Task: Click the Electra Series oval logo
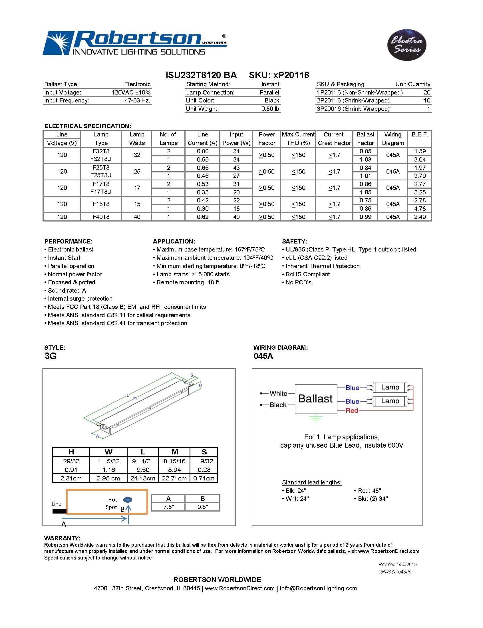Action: (x=406, y=45)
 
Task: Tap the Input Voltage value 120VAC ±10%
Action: (x=131, y=92)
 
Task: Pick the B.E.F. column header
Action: (x=419, y=134)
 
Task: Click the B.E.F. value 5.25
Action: (x=419, y=192)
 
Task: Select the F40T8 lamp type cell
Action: (x=101, y=217)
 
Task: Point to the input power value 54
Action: (x=236, y=151)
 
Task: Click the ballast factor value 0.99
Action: (x=365, y=217)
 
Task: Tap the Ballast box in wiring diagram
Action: (x=315, y=399)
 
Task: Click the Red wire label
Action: (x=352, y=411)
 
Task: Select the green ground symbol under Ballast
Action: (x=315, y=418)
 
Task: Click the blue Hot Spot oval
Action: (x=127, y=500)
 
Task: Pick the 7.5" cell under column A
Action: (x=168, y=507)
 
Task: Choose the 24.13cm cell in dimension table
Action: (x=143, y=478)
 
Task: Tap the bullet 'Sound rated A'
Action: (x=67, y=291)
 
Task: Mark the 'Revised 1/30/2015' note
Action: (x=397, y=564)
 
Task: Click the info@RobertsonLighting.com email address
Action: (x=318, y=588)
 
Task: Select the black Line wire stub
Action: (x=59, y=511)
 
